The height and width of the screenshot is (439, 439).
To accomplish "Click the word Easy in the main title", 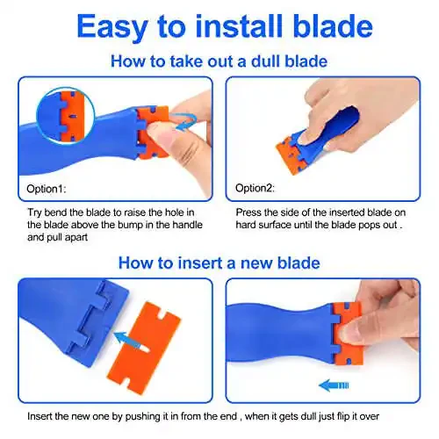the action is click(x=112, y=27).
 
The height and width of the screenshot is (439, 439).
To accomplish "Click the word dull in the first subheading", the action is click(x=266, y=61).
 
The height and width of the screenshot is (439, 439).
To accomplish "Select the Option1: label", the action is click(x=47, y=189).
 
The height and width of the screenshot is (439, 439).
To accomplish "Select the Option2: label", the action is click(x=255, y=188).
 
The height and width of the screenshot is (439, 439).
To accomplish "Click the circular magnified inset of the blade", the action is click(x=66, y=117).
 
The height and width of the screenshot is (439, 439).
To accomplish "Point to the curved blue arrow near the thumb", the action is click(x=184, y=121).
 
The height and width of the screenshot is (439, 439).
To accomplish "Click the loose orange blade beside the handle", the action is click(x=144, y=349).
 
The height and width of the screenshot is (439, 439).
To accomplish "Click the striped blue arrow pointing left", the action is click(x=334, y=385).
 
